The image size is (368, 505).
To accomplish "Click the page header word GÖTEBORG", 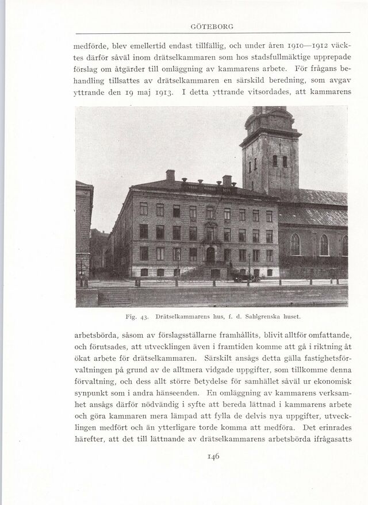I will click(x=211, y=26).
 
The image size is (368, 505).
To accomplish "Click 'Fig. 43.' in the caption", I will click(x=136, y=316).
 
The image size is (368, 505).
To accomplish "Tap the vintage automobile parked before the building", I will click(x=247, y=278).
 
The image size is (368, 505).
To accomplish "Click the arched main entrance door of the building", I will click(x=210, y=255).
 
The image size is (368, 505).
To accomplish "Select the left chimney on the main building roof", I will click(x=170, y=175).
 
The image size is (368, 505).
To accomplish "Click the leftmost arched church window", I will click(x=295, y=244).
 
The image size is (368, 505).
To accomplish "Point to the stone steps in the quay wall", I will click(x=115, y=297).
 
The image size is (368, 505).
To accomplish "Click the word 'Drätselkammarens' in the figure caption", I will click(x=184, y=316).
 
